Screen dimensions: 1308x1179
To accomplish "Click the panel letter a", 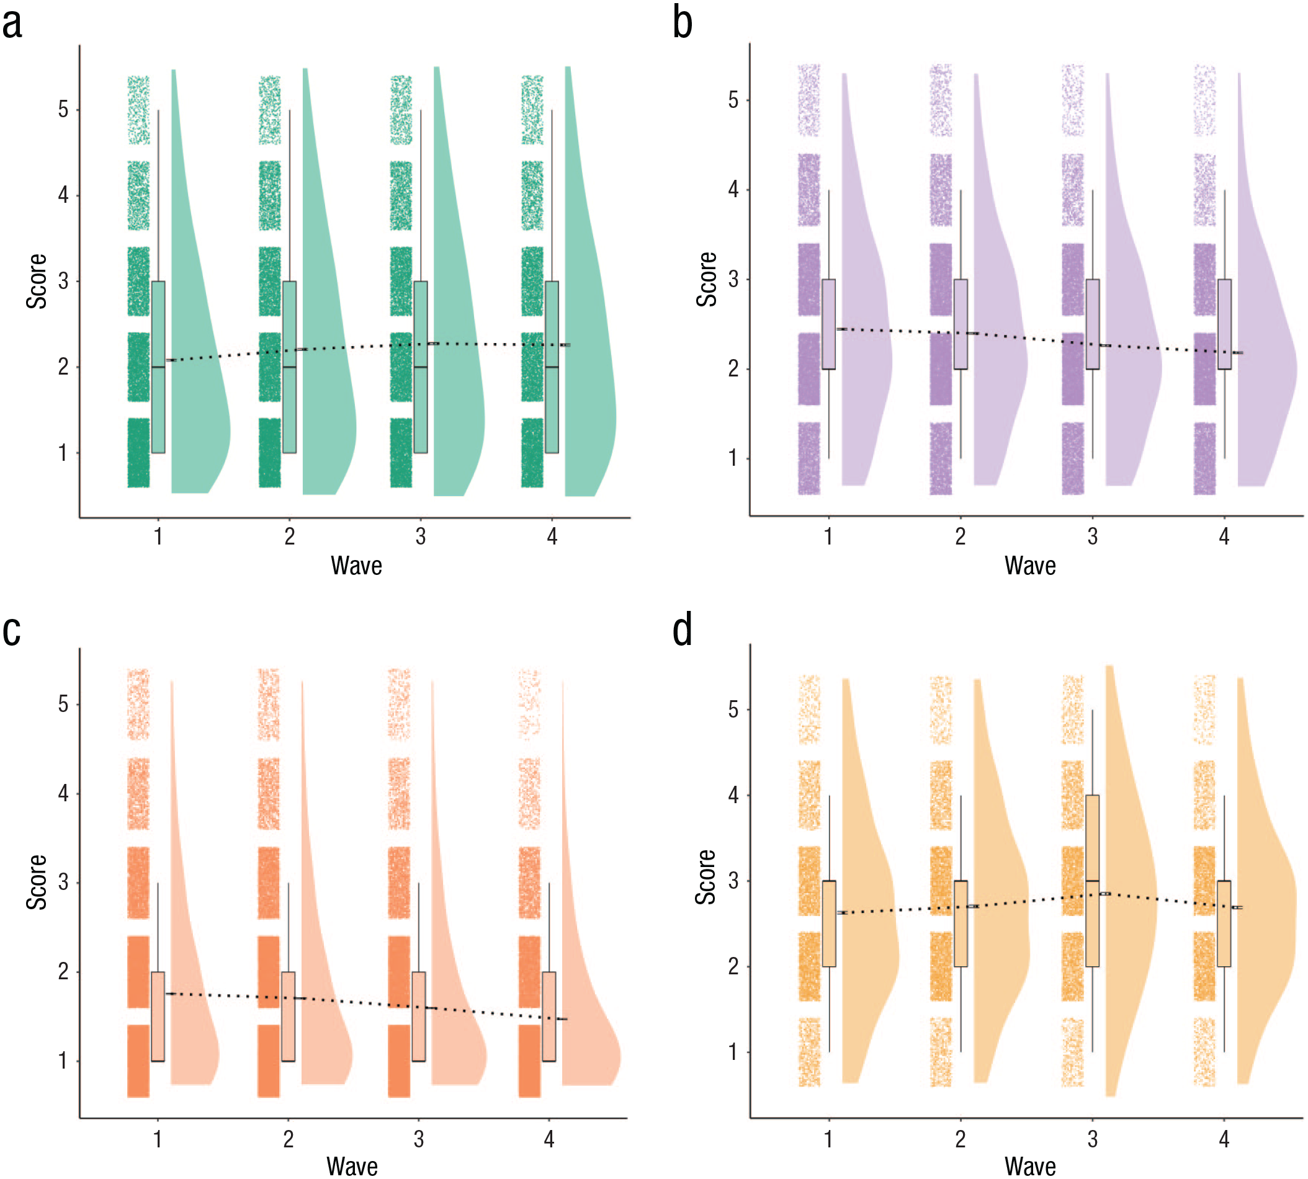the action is [12, 24].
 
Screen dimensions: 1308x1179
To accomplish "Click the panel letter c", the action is [12, 631].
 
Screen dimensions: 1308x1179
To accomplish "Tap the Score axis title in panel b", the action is [706, 279].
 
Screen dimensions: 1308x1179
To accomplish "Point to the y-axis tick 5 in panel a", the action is [63, 110].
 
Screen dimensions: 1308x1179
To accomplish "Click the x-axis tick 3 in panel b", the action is [1092, 536].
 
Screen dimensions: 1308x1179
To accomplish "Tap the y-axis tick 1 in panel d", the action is [733, 1052].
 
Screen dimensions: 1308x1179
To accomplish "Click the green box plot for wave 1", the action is [158, 367].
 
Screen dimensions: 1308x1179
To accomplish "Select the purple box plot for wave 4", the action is [1224, 324].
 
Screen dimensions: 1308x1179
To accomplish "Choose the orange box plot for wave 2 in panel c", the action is [289, 1016].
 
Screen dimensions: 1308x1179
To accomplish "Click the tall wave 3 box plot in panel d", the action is [1092, 880].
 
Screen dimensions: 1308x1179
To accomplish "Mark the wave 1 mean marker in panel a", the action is [171, 360].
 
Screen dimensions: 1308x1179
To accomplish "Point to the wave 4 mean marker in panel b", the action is [1237, 353].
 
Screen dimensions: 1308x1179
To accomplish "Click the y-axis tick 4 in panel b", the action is [733, 189].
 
